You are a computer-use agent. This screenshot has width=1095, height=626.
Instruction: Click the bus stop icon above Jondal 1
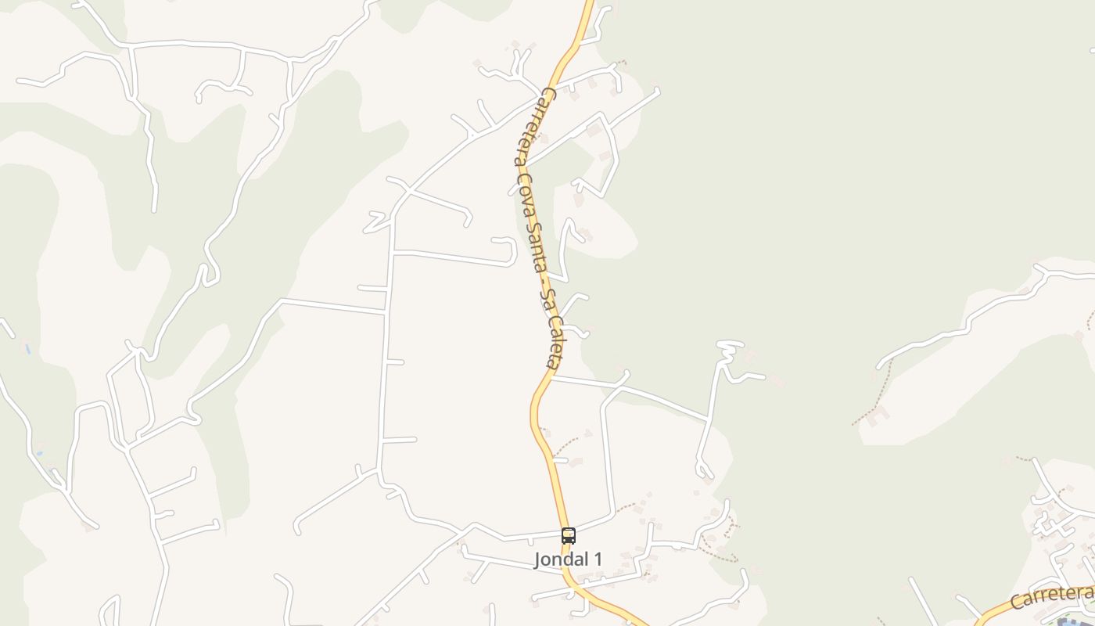569,536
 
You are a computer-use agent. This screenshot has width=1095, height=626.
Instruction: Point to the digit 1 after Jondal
598,559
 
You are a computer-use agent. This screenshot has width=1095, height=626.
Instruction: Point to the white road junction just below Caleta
553,377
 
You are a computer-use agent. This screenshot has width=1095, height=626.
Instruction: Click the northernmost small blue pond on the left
27,349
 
